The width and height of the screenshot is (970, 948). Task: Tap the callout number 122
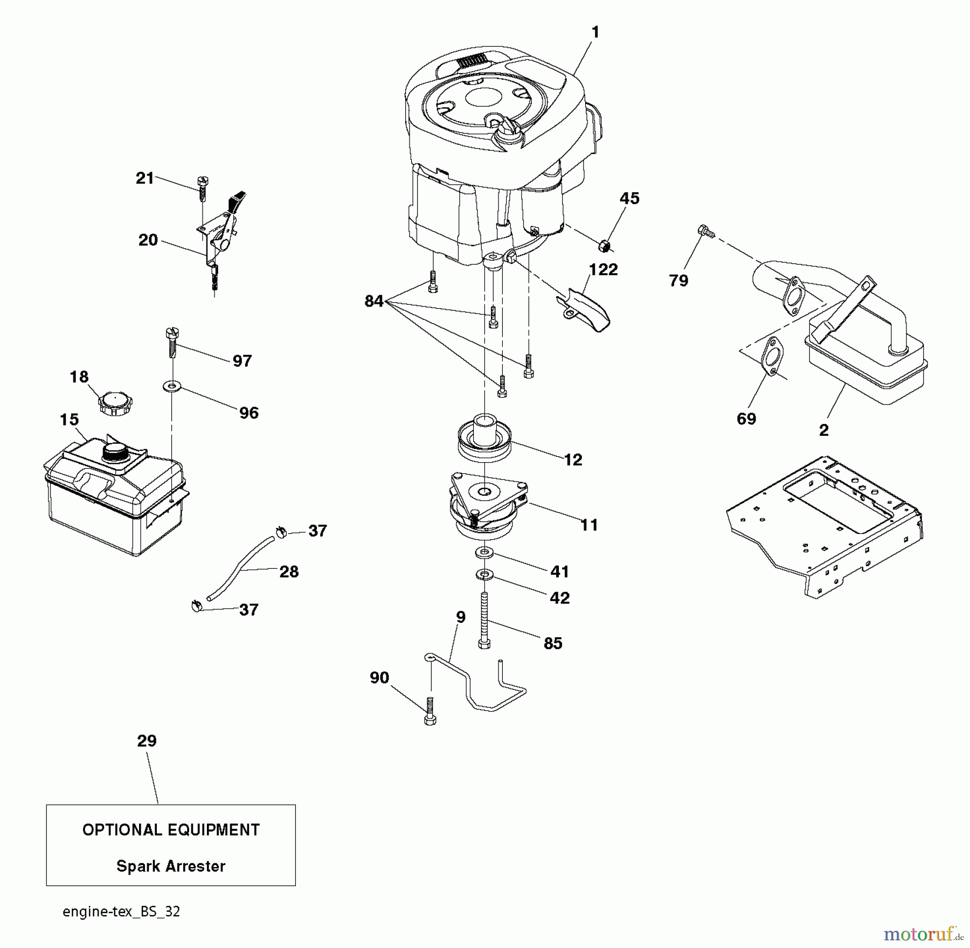pos(603,269)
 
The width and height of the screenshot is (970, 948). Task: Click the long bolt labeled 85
pos(484,619)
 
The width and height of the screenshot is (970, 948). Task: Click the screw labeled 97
pos(172,343)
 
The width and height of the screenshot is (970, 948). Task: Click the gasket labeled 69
pos(773,356)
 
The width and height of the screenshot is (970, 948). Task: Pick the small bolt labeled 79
pos(704,231)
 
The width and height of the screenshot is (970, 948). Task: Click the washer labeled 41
pos(484,552)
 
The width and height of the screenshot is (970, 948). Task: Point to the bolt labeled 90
pos(430,711)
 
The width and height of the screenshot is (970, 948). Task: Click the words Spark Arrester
pos(171,866)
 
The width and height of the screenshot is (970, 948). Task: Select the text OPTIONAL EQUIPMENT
pos(171,830)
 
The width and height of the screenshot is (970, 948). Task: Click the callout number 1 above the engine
pos(595,32)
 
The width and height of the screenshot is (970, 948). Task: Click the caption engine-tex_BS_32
pos(121,911)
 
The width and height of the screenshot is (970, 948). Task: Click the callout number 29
pos(147,741)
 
